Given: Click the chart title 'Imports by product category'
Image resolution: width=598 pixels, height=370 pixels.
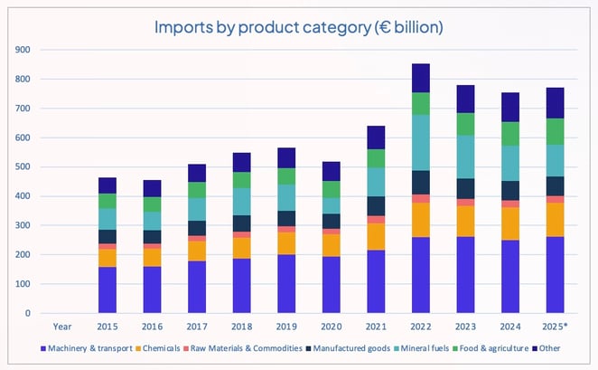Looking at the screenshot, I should (299, 27).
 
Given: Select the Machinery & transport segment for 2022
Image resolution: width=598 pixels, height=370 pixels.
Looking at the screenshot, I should (421, 275).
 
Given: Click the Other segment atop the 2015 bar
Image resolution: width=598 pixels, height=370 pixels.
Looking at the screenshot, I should (108, 185).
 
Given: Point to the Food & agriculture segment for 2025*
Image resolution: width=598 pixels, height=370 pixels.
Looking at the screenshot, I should (554, 132).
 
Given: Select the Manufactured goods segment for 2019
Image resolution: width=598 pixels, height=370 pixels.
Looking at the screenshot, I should (287, 218).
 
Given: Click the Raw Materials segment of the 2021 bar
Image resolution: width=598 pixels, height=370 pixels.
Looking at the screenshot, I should (376, 220).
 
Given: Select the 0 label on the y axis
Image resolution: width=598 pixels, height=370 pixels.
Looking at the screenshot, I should (27, 314).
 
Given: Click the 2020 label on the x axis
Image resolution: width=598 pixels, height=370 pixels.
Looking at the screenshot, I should (332, 327).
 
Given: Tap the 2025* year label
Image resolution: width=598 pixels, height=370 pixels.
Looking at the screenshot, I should (555, 327).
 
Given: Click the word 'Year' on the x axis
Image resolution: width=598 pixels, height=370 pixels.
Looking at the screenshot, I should (62, 327).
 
